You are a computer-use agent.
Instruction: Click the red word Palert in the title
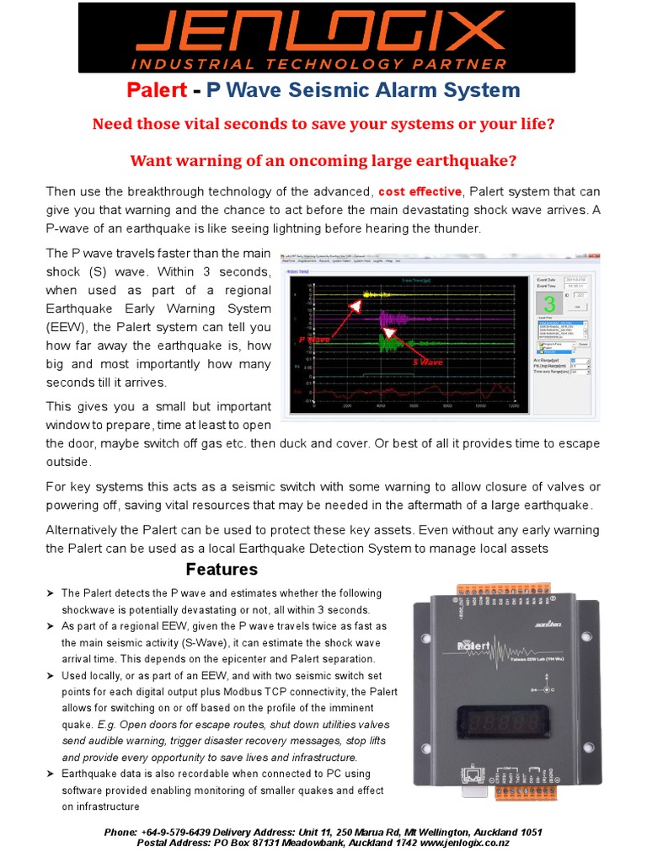tap(155, 90)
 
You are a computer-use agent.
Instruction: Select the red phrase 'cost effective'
tap(420, 192)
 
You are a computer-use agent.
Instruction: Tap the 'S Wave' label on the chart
tap(427, 362)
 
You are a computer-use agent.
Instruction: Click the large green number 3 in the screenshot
tap(549, 304)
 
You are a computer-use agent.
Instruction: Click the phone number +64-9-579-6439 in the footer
tap(182, 833)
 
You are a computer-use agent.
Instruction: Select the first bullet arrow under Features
tap(50, 593)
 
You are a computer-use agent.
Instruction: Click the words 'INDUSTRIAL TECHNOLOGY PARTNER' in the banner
tap(323, 63)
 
